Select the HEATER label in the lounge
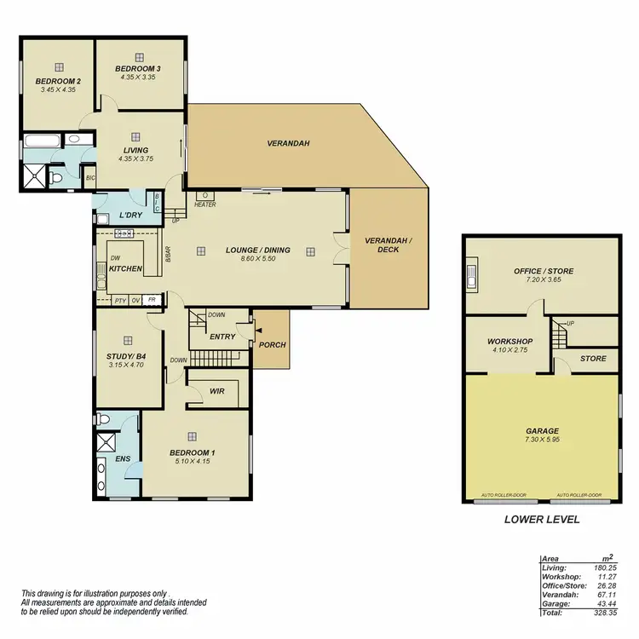[x=204, y=204]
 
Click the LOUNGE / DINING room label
[x=257, y=250]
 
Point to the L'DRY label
[x=130, y=215]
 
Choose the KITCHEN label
[x=125, y=269]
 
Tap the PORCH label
[x=273, y=345]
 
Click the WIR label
[x=216, y=391]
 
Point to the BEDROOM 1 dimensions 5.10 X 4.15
[x=191, y=461]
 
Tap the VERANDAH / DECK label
[x=388, y=245]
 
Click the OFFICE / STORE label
[x=543, y=271]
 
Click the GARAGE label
[x=542, y=431]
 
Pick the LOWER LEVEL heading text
[x=542, y=519]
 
